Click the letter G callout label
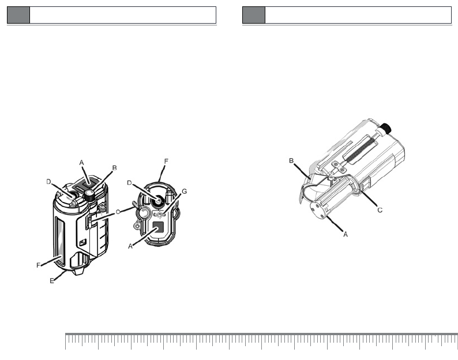[x=185, y=192]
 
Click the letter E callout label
[x=52, y=281]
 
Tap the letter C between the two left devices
[x=118, y=212]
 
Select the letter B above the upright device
[x=114, y=168]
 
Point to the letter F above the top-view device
[x=166, y=162]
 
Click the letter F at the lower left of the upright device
[x=38, y=265]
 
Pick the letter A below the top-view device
[x=130, y=246]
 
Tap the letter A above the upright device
[x=81, y=163]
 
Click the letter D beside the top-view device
[x=129, y=183]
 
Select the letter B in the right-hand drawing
[x=291, y=161]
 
